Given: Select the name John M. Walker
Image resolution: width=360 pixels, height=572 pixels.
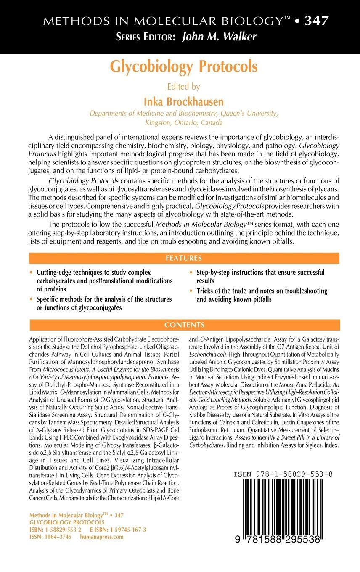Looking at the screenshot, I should coord(219,37).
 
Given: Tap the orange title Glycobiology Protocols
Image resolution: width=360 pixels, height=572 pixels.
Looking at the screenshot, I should coord(183,67).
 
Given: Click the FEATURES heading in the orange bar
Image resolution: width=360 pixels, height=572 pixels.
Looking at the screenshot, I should coord(183,258).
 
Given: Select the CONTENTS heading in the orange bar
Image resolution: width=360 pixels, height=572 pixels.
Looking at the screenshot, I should coord(184,325).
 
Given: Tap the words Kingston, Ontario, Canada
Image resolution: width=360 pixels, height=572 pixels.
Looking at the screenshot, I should coord(183,123).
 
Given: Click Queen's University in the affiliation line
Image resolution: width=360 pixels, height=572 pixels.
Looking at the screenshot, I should coord(246,114).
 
